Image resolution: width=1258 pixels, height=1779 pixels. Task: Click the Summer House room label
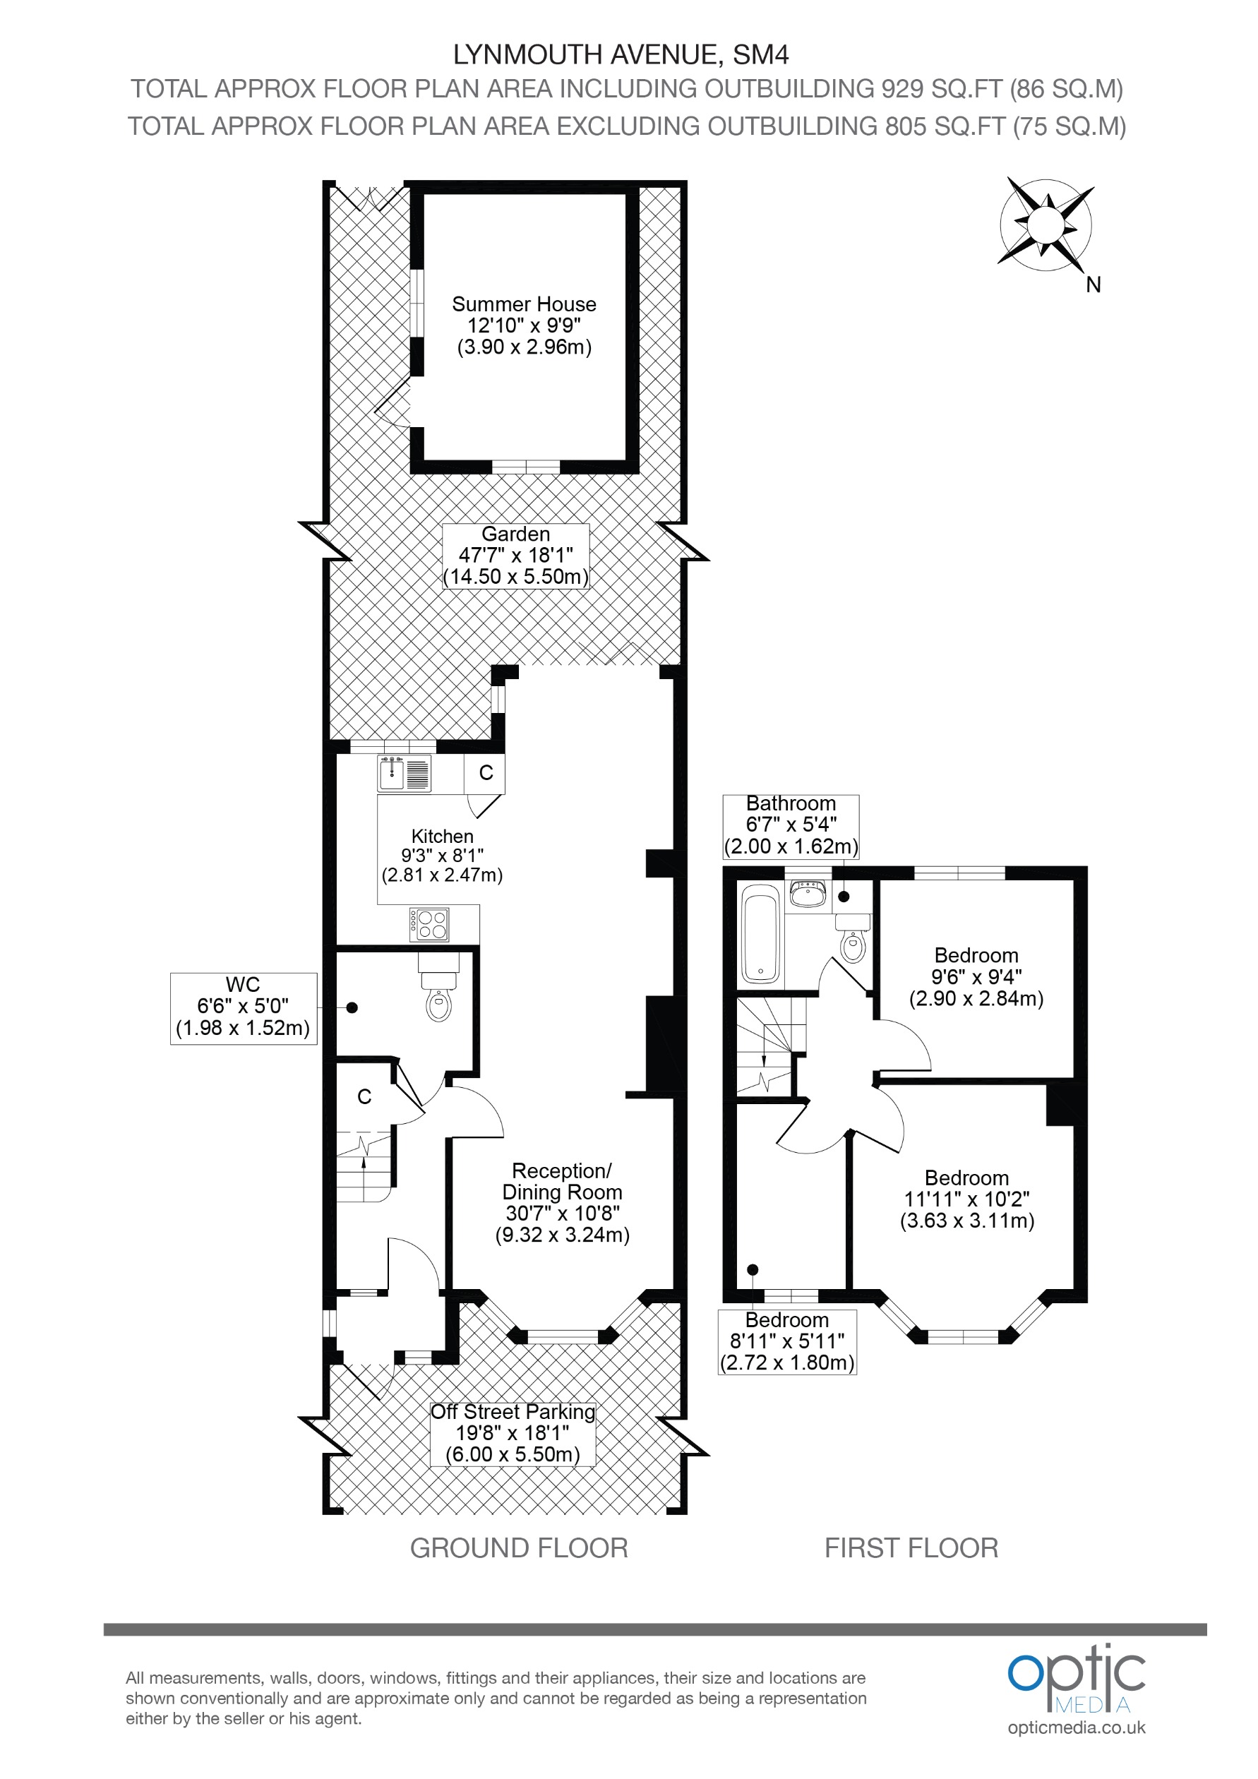pos(524,325)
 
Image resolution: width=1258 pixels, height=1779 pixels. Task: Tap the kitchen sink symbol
pos(404,773)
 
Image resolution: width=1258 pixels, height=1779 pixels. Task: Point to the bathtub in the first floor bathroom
pos(760,935)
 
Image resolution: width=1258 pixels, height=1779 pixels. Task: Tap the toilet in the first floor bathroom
pos(853,940)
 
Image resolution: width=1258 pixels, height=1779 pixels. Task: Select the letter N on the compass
pos(1093,285)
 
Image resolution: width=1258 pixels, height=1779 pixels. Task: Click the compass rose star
pos(1046,224)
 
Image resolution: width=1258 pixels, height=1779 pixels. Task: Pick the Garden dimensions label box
pos(516,556)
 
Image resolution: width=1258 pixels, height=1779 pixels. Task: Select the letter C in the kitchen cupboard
pos(486,772)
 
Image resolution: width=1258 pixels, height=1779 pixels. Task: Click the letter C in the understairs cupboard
pos(364,1096)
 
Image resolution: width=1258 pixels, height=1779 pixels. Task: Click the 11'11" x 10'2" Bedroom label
pos(966,1199)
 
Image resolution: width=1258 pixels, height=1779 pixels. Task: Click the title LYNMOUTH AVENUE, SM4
pos(621,55)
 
